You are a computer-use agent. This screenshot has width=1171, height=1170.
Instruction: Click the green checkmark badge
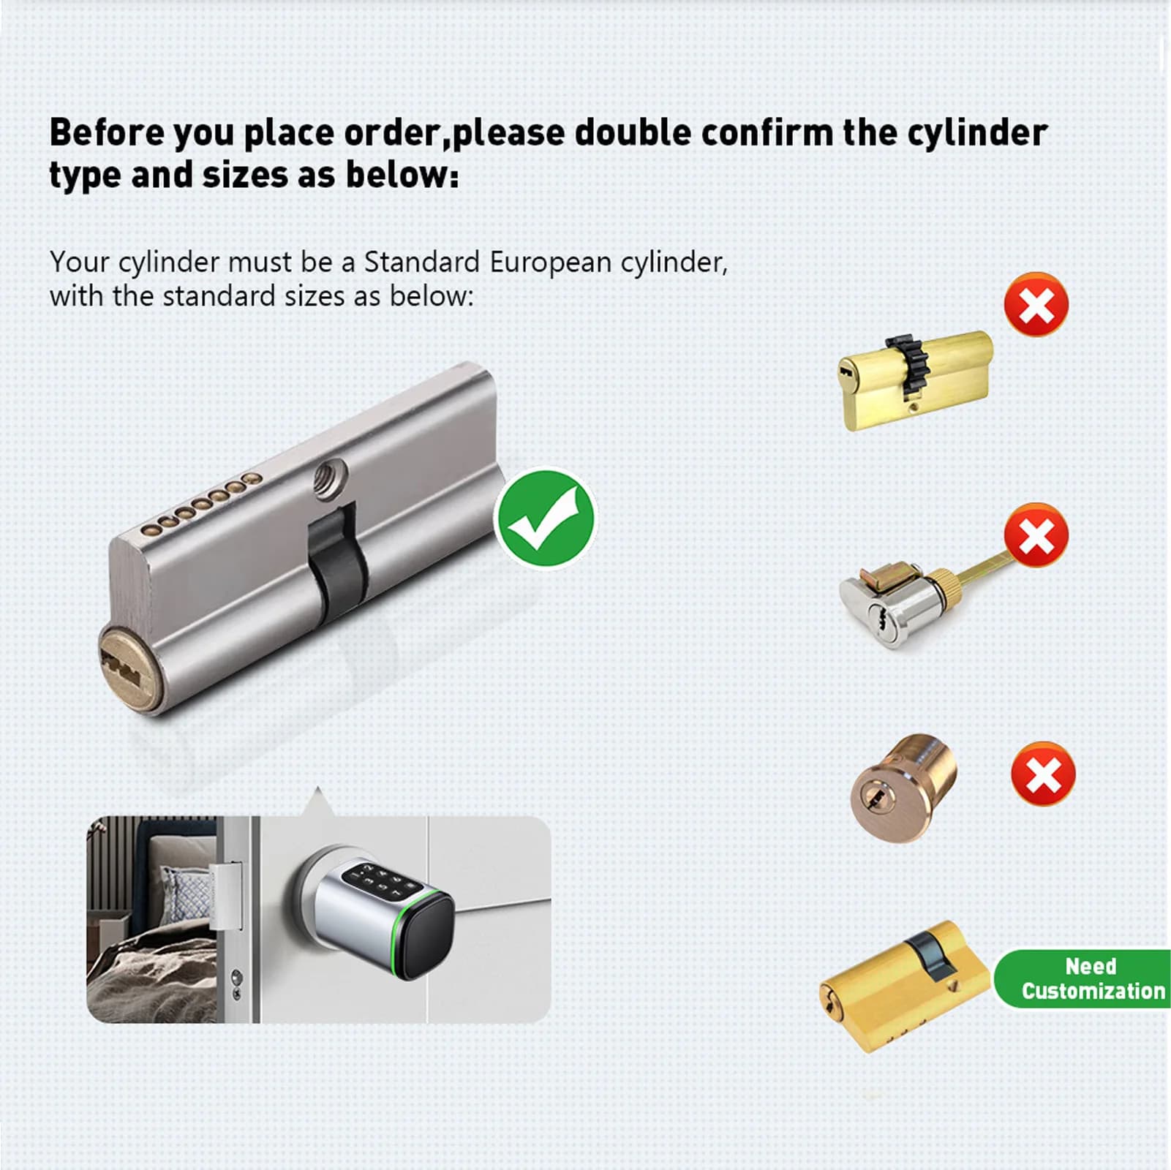546,518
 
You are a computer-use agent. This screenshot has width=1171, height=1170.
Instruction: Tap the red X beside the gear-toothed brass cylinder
1036,304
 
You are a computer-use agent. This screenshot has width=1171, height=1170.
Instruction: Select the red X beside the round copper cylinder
1043,774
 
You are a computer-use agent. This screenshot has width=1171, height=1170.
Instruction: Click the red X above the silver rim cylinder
1036,535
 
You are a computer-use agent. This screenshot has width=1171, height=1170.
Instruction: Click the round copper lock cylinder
904,788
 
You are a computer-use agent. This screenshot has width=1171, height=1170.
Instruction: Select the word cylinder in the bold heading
977,134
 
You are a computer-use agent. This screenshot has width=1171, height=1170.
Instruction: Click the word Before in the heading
106,133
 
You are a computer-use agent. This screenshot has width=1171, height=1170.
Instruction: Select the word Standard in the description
422,263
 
